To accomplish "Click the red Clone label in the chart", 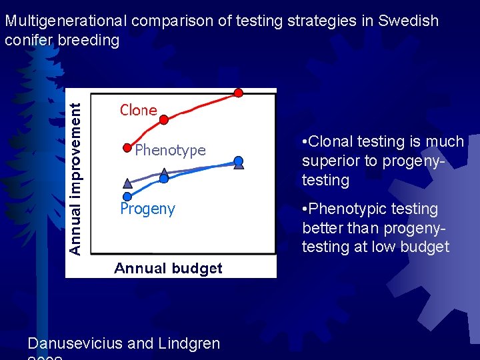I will point(138,110).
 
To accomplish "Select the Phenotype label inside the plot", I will point(170,150).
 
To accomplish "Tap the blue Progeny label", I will point(147,209).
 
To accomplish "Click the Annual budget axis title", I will point(168,268).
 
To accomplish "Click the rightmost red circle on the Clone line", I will point(238,93).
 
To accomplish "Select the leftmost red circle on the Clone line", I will point(127,147).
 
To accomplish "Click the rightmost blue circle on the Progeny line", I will point(239,161).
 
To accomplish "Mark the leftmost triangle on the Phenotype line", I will point(127,183).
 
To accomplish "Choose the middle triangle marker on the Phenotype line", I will point(165,173).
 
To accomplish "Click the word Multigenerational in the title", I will point(66,21).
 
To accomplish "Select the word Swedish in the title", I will point(408,21).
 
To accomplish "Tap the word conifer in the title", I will point(27,40).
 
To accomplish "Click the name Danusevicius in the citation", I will point(75,343).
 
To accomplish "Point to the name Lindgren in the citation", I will point(189,343).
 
